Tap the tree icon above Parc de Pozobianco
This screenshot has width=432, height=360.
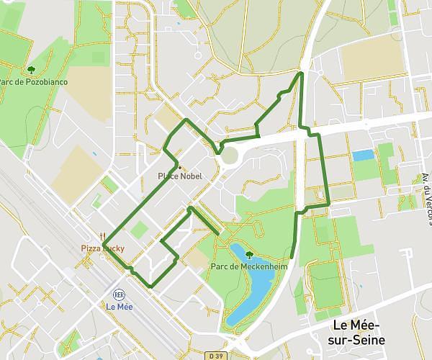(32, 70)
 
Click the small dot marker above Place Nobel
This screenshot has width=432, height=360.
(179, 167)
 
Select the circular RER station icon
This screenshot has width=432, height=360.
(119, 294)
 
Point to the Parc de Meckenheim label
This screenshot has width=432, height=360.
(240, 266)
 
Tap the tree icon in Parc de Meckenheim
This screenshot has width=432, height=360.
(249, 255)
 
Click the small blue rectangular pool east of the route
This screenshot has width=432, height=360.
(363, 155)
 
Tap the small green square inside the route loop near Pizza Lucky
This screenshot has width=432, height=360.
(140, 230)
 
